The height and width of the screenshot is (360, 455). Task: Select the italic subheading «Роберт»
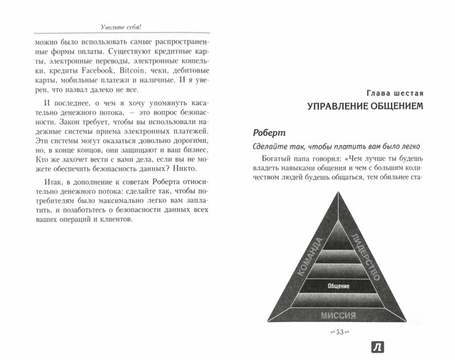271,133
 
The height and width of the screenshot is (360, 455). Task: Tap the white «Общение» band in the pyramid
338,286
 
